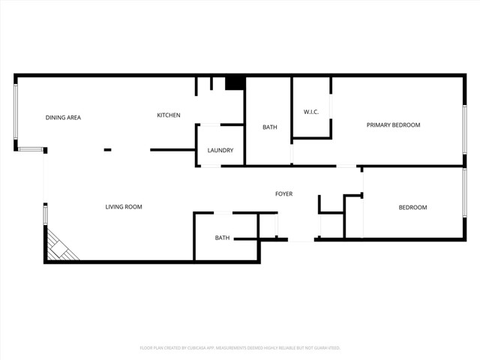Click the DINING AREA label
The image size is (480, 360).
point(63,118)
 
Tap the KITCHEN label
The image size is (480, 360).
point(168,115)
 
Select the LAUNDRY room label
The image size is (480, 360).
point(220,151)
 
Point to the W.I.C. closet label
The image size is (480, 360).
point(311,112)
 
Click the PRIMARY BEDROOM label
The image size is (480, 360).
point(393,125)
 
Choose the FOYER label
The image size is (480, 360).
point(283,194)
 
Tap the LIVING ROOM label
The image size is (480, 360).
point(124,207)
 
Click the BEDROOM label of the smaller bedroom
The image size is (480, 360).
point(412,208)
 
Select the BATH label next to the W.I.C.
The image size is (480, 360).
point(270,127)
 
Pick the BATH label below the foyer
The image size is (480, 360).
point(223,238)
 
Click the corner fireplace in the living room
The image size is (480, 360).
point(60,247)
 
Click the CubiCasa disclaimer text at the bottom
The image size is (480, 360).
point(240,348)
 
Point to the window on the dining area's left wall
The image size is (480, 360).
point(16,111)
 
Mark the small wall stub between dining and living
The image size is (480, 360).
point(107,150)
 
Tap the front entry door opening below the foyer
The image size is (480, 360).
point(301,240)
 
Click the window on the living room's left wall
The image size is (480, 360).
point(45,214)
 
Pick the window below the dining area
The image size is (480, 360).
point(31,150)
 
